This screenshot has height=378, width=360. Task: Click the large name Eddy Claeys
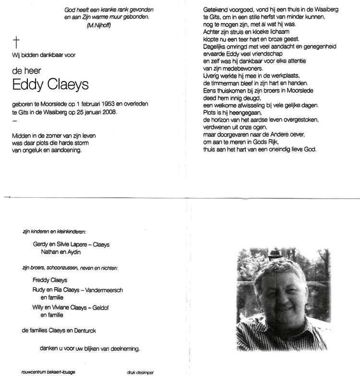tap(50, 86)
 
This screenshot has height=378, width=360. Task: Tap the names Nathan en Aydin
tap(60, 252)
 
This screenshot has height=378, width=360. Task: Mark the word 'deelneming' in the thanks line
tap(124, 349)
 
